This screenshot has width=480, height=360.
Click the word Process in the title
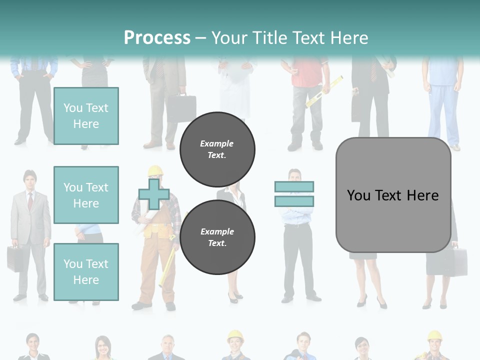point(157,37)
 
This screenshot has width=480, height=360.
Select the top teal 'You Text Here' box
point(86,116)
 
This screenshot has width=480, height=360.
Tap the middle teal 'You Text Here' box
point(86,195)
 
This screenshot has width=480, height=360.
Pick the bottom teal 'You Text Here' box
point(86,272)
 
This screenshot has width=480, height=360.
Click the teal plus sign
point(154,194)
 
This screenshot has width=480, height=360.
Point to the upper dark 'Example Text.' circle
point(217,149)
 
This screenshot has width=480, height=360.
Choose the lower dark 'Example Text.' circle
point(217,237)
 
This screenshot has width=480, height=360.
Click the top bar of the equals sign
point(294,186)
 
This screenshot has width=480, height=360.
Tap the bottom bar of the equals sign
point(294,201)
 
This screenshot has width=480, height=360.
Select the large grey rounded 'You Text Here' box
point(393,195)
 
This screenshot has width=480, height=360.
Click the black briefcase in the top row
point(181,108)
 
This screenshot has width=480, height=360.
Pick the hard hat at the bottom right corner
point(434,335)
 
